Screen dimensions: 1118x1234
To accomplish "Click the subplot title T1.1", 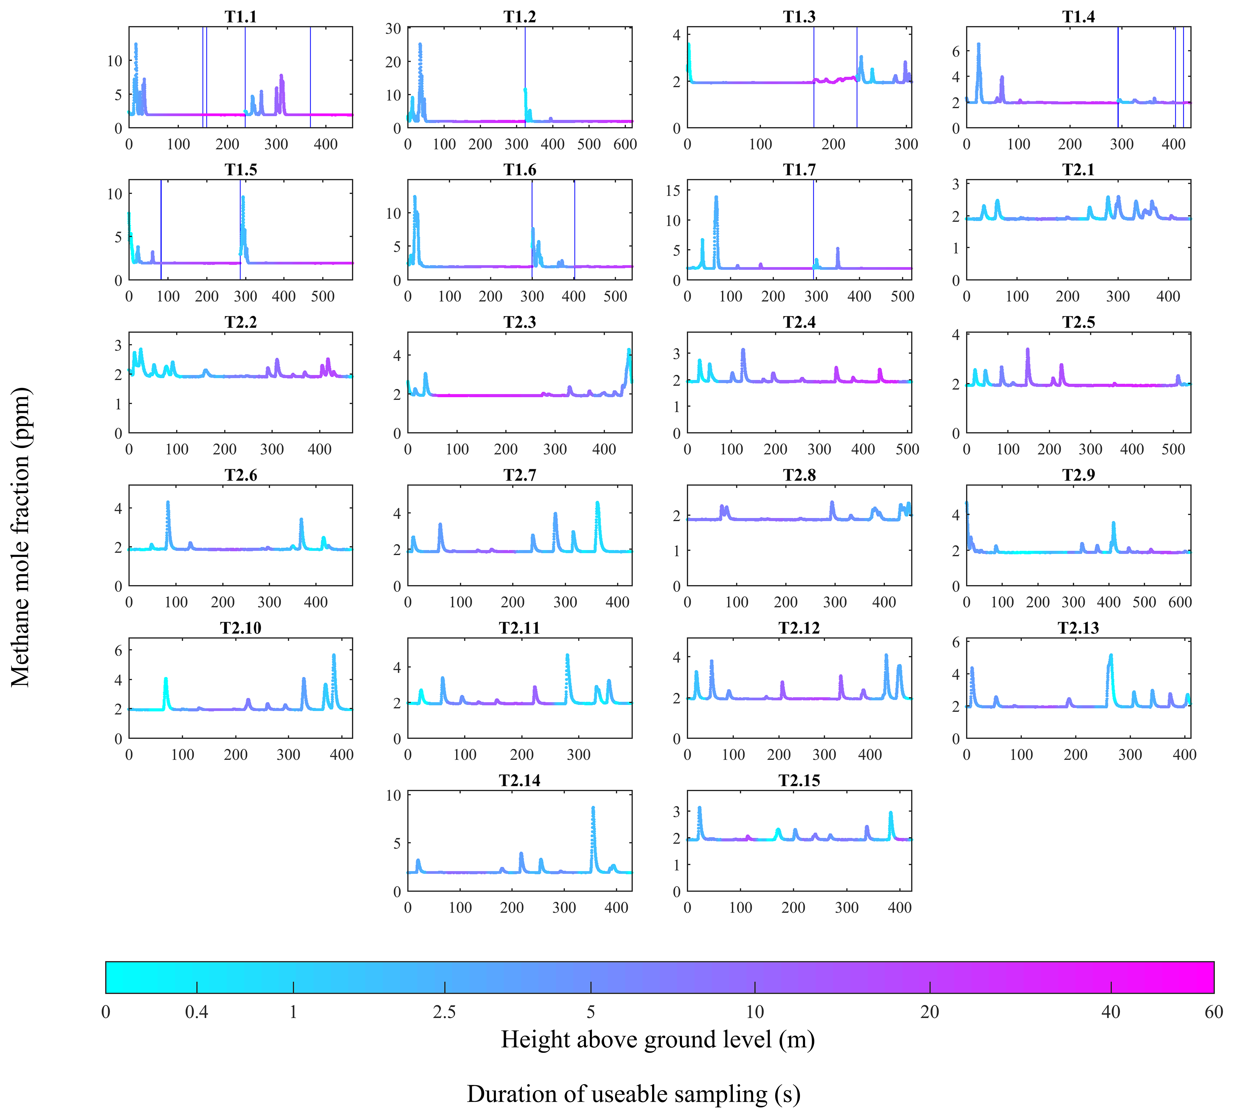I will [x=241, y=17].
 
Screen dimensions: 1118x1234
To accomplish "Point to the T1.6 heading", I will [x=520, y=170].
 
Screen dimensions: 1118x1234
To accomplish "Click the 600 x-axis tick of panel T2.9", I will [x=1179, y=602].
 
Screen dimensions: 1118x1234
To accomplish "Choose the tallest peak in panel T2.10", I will [x=334, y=655].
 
